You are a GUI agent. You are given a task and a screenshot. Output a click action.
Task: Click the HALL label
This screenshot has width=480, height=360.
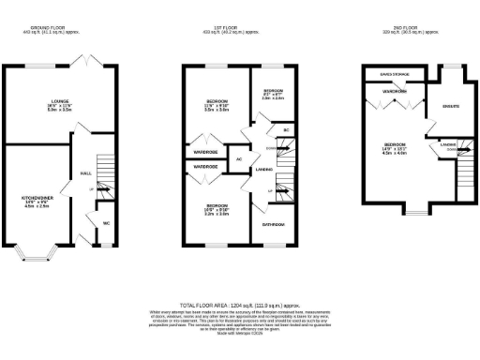point(84,172)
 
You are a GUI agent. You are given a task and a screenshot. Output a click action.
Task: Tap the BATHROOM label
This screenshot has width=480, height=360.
point(272,225)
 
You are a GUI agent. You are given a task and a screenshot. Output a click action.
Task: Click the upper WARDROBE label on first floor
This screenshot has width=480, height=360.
point(205,150)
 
